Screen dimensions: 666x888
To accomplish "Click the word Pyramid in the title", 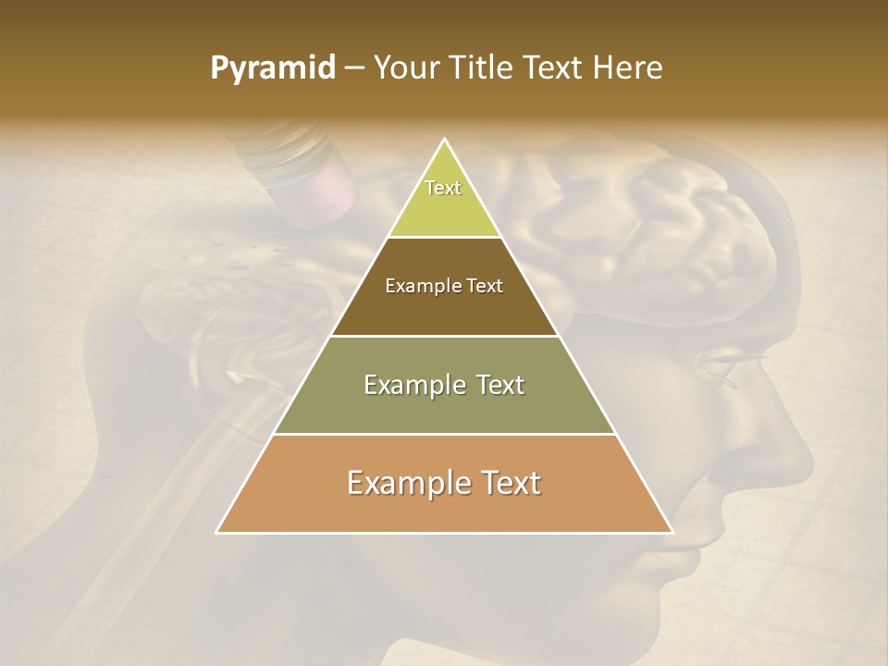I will [272, 68].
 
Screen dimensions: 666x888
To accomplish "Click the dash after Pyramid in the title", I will [354, 68].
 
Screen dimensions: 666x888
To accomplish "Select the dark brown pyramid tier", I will [444, 305].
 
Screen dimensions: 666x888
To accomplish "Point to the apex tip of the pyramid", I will [445, 140].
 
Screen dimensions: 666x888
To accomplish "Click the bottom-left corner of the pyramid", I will [217, 532].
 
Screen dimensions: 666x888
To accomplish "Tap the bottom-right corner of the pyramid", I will [672, 532].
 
